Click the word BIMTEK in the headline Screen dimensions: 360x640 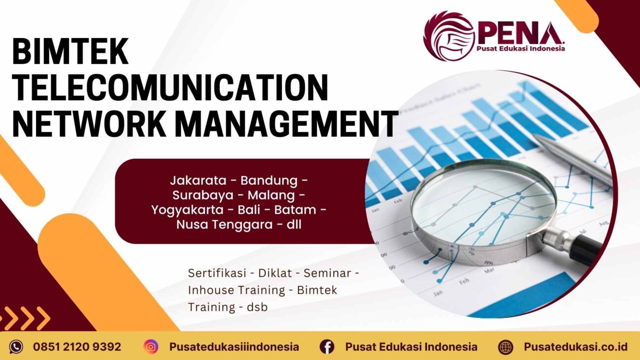[x=70, y=52]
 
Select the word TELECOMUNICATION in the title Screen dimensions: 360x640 [x=170, y=87]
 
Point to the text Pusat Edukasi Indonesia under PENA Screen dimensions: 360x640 [x=520, y=48]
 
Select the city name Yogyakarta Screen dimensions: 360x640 [x=192, y=210]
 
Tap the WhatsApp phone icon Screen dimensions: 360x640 [x=16, y=347]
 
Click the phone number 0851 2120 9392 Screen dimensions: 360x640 [x=77, y=347]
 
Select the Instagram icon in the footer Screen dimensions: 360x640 [x=151, y=347]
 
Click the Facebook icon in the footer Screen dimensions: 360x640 [x=327, y=347]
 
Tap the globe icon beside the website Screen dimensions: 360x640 [x=506, y=347]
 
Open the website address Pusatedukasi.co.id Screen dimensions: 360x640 [x=576, y=347]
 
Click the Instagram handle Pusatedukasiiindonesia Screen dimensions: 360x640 [x=234, y=347]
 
